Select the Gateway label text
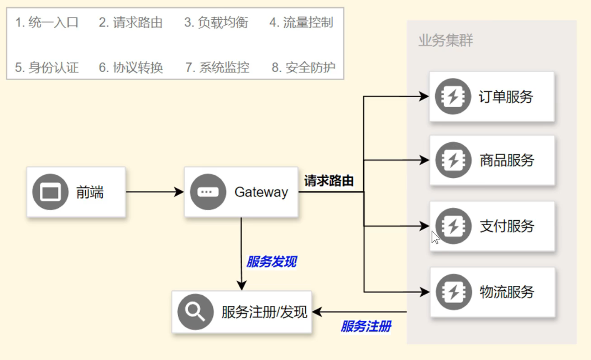click(261, 192)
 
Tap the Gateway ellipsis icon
click(207, 192)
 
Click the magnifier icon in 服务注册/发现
click(195, 312)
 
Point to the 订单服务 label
click(506, 97)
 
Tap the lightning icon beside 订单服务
click(453, 97)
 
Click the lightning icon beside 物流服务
click(453, 291)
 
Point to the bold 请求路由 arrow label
click(329, 181)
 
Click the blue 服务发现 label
click(271, 262)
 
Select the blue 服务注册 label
click(366, 326)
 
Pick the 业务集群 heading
click(446, 40)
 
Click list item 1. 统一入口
click(47, 23)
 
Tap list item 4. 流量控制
click(301, 23)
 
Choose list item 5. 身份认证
click(47, 67)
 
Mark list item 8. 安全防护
click(304, 67)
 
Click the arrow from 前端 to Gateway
click(155, 192)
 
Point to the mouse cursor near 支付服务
click(435, 237)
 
